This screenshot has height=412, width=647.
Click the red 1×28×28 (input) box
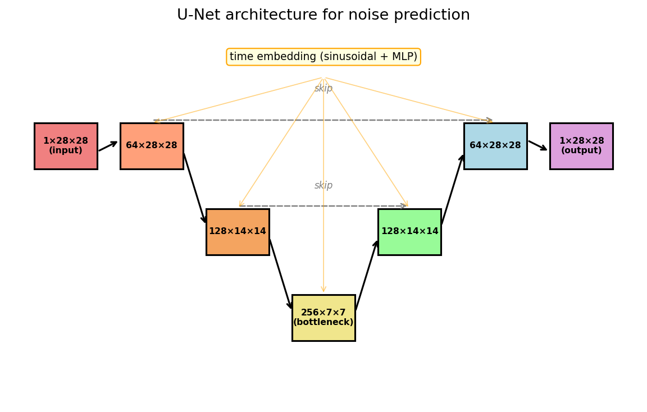point(66,146)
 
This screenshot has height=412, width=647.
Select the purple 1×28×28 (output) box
point(581,146)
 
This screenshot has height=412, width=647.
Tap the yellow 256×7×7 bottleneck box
point(323,318)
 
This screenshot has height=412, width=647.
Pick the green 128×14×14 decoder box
point(409,232)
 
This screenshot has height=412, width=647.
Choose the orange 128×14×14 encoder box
point(238,232)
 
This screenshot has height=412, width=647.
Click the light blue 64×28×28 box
point(495,146)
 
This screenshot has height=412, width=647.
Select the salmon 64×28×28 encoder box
point(152,146)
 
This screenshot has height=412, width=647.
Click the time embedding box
point(323,57)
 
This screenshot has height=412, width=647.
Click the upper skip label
point(323,89)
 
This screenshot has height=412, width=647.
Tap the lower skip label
point(323,186)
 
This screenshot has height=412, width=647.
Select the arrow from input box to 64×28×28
point(108,146)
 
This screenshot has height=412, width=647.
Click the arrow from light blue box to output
point(538,145)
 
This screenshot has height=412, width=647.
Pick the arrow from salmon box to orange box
point(195,189)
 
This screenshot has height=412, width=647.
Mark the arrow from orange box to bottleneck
point(281,274)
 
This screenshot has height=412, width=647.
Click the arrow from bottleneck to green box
point(367,275)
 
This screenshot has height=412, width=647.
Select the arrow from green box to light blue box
point(453,189)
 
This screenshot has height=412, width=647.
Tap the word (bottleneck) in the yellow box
point(323,323)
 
